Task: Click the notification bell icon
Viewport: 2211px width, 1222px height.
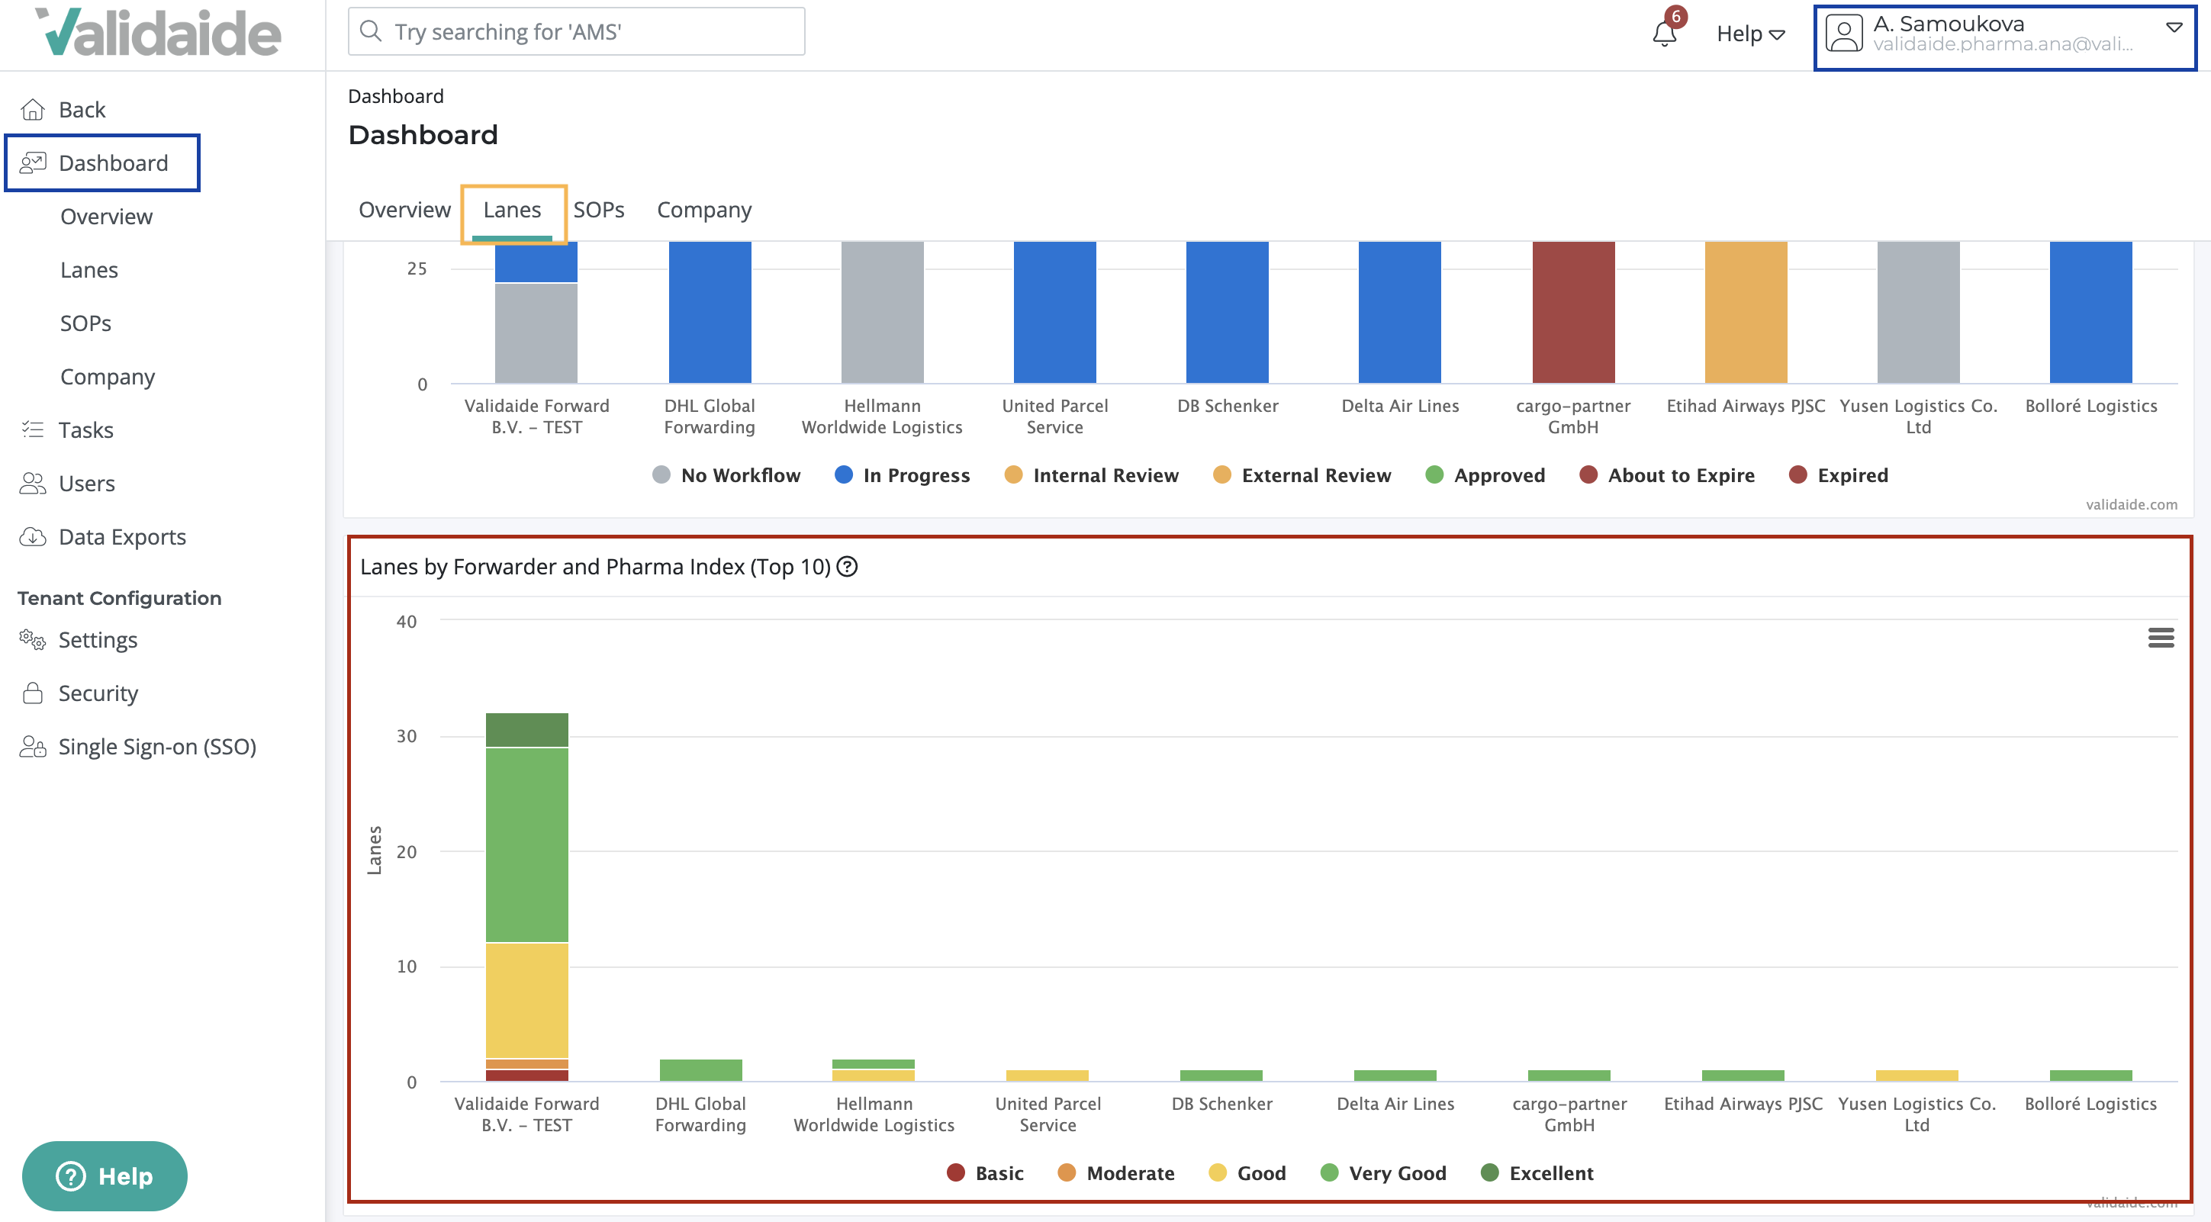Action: click(x=1663, y=34)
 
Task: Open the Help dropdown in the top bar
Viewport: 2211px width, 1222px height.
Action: click(x=1750, y=34)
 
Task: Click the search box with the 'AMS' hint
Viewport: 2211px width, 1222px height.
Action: click(x=576, y=32)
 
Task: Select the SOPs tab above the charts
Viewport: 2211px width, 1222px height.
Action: click(x=598, y=211)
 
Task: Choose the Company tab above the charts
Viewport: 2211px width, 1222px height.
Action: click(x=703, y=211)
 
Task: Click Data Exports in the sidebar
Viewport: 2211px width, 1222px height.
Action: click(x=122, y=537)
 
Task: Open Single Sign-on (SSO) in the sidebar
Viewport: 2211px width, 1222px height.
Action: click(x=157, y=747)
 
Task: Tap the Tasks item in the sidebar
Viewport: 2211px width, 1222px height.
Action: click(x=85, y=430)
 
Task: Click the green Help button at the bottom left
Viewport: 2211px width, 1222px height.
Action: click(x=105, y=1175)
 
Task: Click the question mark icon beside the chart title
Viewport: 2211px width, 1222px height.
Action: click(x=847, y=566)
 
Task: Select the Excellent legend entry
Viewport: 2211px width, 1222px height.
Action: click(x=1537, y=1173)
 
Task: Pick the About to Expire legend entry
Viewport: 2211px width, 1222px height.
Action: click(x=1667, y=475)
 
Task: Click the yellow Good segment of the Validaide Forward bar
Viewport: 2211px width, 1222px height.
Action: click(x=526, y=1000)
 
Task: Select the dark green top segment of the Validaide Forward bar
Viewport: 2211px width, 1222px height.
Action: click(x=526, y=729)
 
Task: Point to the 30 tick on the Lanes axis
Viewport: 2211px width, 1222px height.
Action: click(x=406, y=736)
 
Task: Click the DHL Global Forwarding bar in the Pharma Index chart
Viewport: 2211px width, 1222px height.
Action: click(x=700, y=1069)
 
